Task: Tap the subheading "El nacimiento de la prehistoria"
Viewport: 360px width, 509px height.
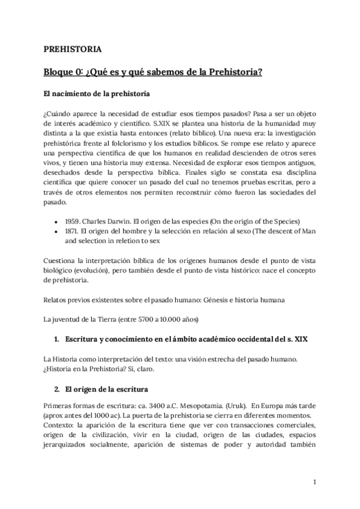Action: click(97, 94)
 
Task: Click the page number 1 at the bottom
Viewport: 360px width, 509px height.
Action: click(314, 481)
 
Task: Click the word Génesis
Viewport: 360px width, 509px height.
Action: click(208, 300)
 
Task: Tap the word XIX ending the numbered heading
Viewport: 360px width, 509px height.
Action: click(299, 339)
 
